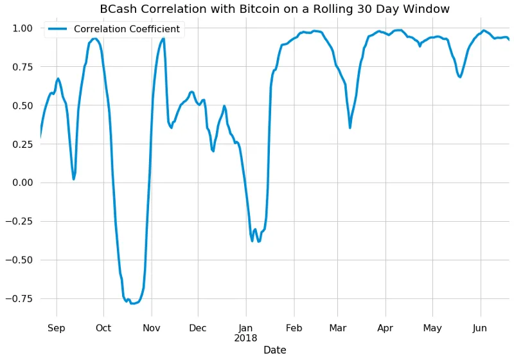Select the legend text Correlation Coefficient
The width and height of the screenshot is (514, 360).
pos(127,29)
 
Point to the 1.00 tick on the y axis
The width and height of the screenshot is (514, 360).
pos(22,28)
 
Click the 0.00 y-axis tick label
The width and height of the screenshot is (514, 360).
pos(22,183)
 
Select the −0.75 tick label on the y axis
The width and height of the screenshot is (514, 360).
pos(19,298)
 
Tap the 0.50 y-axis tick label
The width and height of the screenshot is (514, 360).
pos(22,105)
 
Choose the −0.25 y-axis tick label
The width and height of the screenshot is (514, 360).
pos(19,221)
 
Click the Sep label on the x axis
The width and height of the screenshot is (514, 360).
pos(57,328)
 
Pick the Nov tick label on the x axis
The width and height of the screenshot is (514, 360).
pos(152,328)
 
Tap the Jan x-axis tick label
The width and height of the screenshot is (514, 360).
pos(245,328)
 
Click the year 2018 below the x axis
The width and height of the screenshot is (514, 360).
pos(245,338)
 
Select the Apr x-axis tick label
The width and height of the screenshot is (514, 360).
pos(385,328)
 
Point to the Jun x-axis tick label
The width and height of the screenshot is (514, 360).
pos(480,328)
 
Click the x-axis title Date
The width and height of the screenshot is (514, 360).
pos(274,350)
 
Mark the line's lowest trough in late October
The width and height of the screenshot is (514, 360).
pos(133,303)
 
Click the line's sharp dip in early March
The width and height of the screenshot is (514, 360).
pos(350,127)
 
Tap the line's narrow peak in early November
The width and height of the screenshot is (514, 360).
pos(163,39)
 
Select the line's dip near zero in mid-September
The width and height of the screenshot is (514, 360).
pos(74,179)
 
